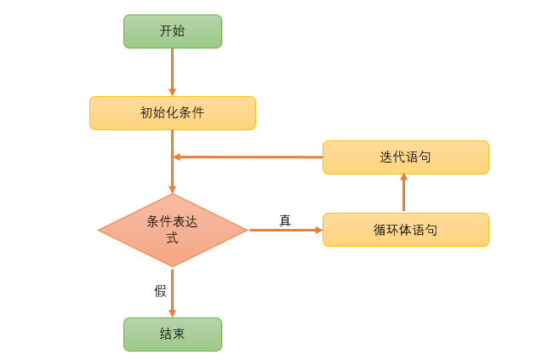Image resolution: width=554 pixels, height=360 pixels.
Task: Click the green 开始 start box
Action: (172, 31)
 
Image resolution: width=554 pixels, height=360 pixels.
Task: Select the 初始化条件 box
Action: (172, 112)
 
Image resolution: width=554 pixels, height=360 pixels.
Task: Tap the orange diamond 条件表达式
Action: (173, 230)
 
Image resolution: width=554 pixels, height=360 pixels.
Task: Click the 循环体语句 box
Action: (405, 230)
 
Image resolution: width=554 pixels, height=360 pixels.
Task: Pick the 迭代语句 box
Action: (405, 157)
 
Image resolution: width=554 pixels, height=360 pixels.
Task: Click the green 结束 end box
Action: (172, 334)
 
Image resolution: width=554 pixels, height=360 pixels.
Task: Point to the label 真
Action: (285, 220)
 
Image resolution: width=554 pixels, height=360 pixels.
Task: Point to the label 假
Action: (160, 291)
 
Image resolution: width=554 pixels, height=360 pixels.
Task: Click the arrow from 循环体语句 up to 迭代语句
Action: (403, 194)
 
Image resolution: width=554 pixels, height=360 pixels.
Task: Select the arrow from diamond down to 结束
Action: (172, 289)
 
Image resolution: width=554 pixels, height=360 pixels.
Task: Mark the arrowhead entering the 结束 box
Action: (172, 313)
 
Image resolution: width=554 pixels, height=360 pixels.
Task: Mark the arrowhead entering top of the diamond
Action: (172, 189)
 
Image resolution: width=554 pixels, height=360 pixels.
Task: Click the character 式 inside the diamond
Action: (172, 238)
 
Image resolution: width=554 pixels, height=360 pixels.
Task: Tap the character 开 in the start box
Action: (166, 31)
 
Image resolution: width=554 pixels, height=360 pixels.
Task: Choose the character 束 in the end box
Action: (179, 334)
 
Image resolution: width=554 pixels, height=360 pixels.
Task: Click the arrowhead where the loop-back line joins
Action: (177, 157)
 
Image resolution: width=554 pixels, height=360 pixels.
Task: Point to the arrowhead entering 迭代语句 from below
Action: (403, 178)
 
